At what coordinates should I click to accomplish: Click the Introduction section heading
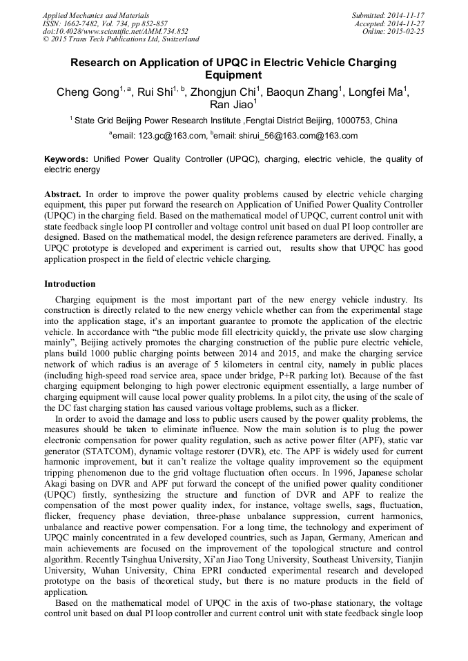click(x=70, y=283)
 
